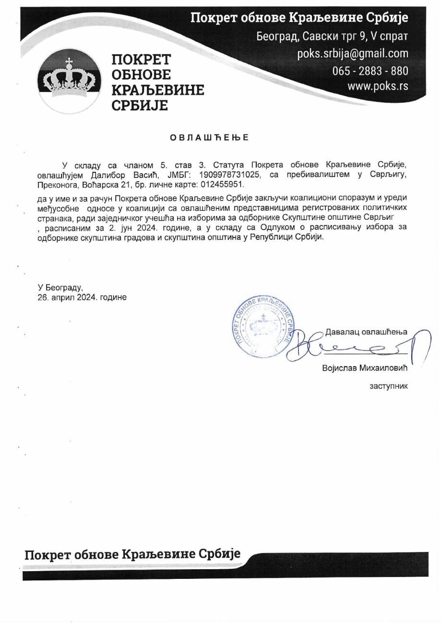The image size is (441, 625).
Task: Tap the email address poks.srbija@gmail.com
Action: coord(353,53)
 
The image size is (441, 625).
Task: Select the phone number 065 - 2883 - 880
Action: coord(370,71)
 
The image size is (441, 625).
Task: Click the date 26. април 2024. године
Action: coord(83,298)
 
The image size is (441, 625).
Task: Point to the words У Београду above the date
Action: coord(60,288)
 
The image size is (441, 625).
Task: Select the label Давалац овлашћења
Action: coord(366,332)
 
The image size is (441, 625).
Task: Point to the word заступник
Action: coord(388,386)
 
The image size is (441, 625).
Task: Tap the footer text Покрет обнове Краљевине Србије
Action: coord(132,555)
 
